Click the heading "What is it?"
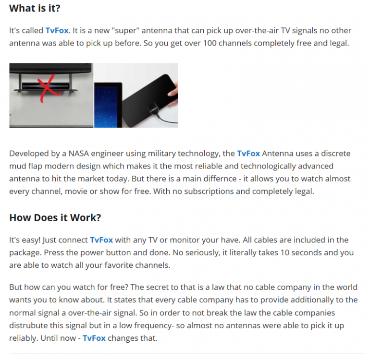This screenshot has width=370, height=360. pos(35,8)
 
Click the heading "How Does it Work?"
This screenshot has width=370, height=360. pos(55,217)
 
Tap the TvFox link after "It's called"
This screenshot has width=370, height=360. pos(57,31)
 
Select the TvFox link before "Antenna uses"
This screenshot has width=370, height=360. pos(248,154)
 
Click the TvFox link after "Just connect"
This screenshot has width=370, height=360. pos(101,240)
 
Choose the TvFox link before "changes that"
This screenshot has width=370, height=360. pos(94,338)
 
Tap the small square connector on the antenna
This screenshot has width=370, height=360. pos(152,109)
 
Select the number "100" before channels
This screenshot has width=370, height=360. pos(210,43)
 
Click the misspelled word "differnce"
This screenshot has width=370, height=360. pos(220,179)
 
